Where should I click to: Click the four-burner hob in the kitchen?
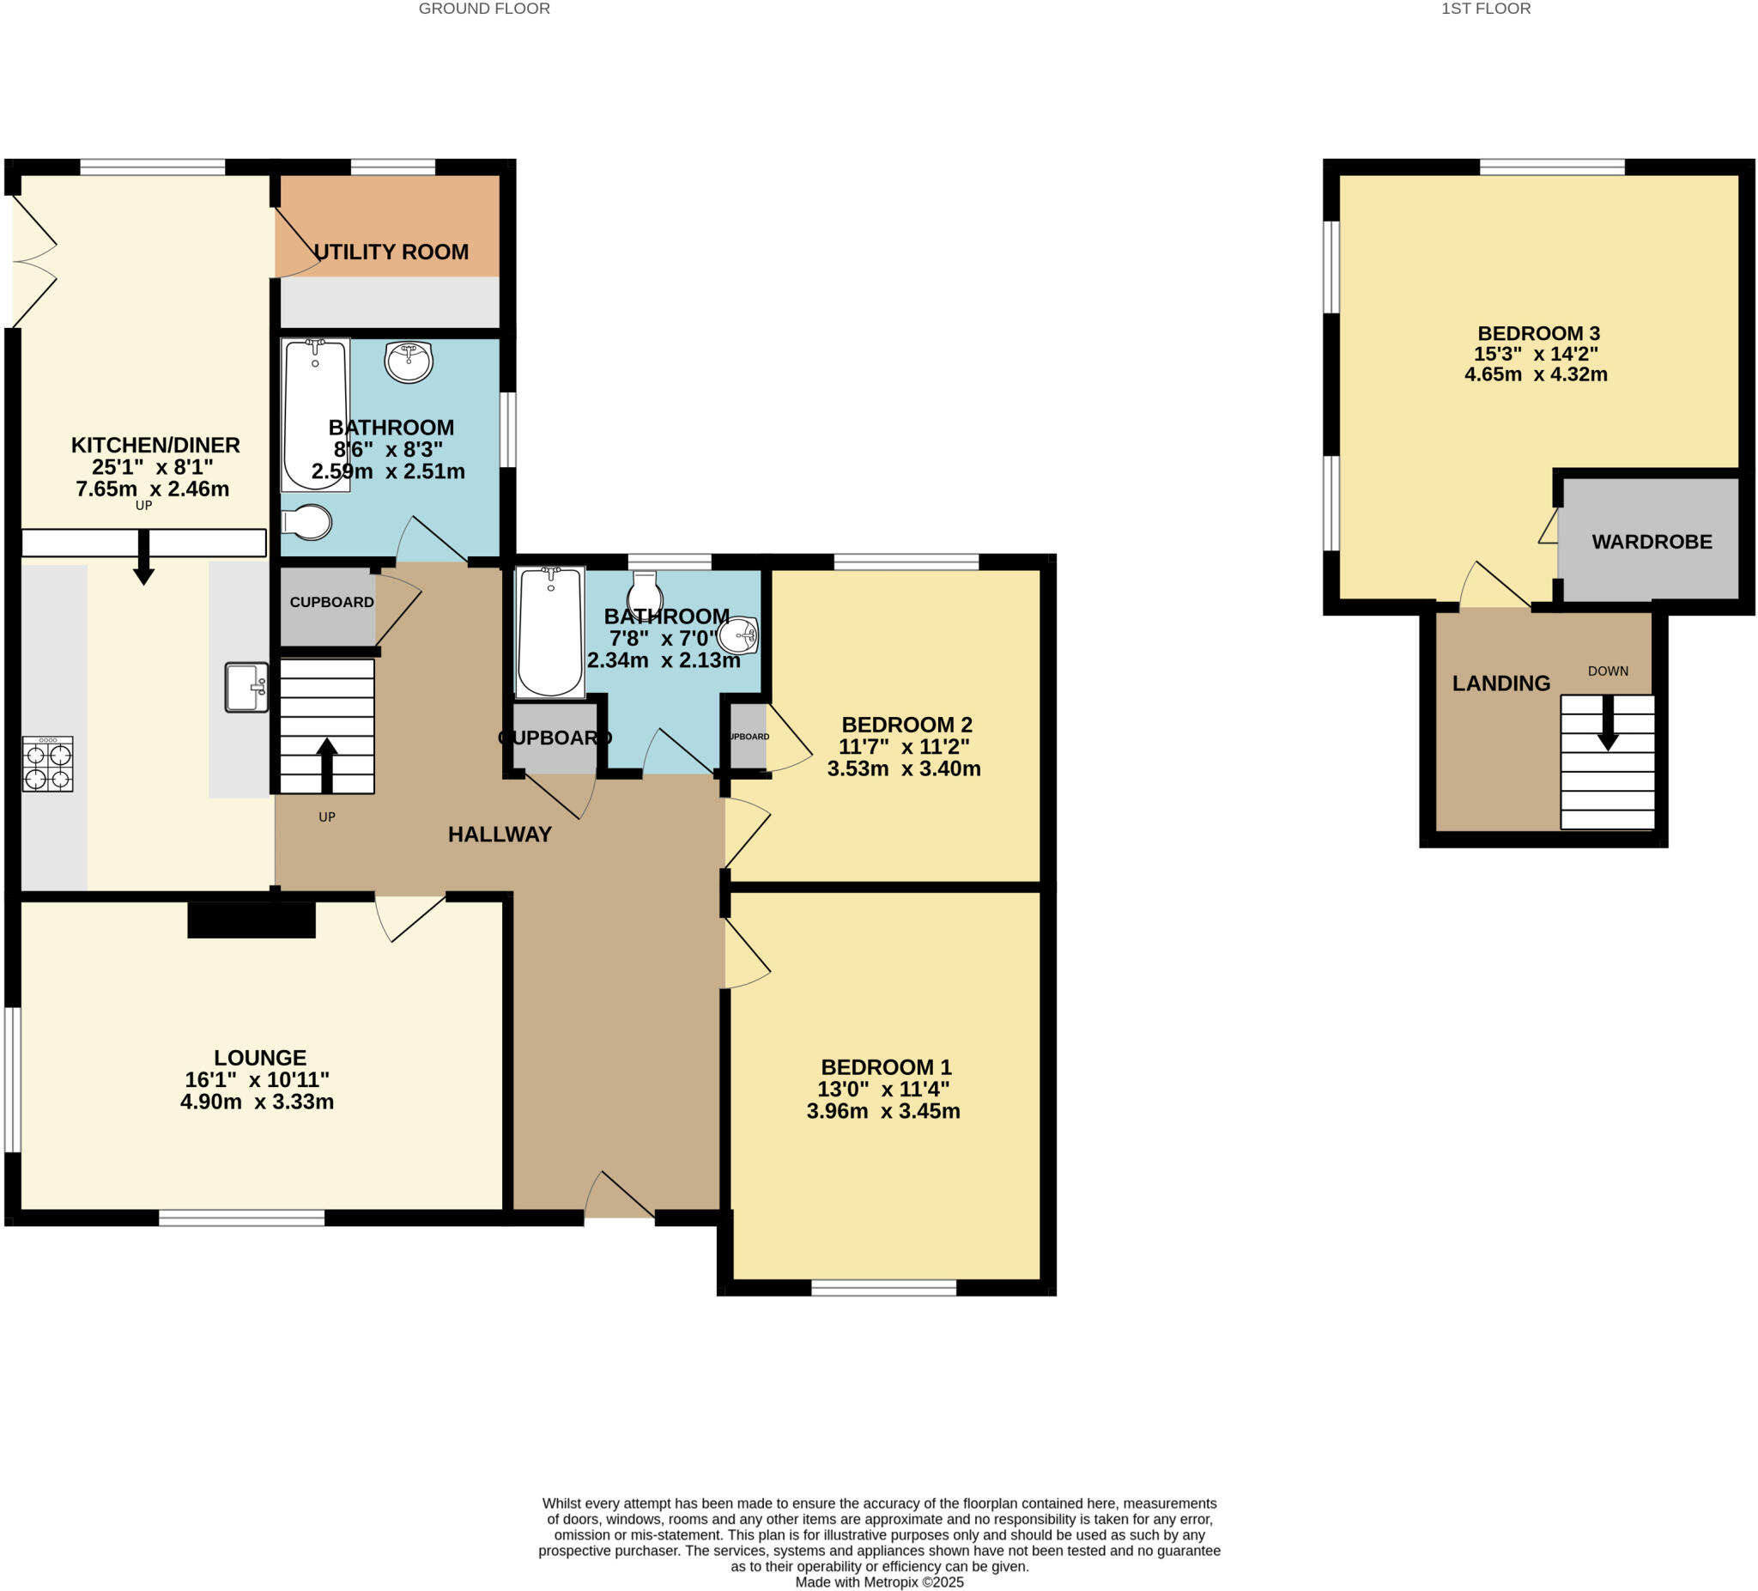(48, 764)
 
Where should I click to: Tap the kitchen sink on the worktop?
(246, 688)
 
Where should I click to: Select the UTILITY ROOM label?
(391, 252)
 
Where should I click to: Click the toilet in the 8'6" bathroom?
(307, 523)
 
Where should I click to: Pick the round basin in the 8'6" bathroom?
(408, 361)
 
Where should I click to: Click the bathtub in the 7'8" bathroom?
(549, 633)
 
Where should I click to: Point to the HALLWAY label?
(500, 835)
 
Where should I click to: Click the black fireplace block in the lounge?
(252, 920)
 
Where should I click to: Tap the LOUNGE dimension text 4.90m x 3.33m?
(258, 1102)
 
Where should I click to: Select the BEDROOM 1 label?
(886, 1066)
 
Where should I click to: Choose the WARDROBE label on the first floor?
(1652, 542)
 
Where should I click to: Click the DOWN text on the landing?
(1608, 671)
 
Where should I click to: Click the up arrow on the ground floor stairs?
(327, 764)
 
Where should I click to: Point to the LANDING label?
(1500, 683)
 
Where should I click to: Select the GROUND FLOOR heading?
(484, 9)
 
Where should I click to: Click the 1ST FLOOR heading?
(1486, 9)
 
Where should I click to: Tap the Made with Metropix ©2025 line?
(879, 1582)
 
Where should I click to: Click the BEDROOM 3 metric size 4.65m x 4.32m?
(1536, 374)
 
